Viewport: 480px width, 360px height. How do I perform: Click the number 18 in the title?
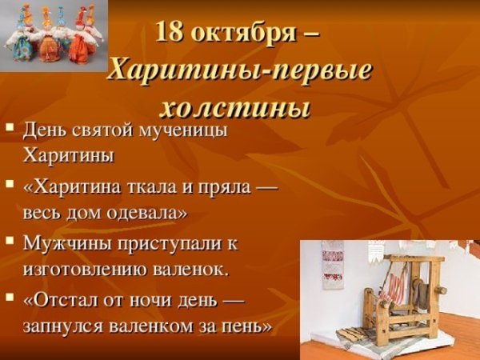(172, 32)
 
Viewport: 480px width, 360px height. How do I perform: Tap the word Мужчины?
(64, 242)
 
